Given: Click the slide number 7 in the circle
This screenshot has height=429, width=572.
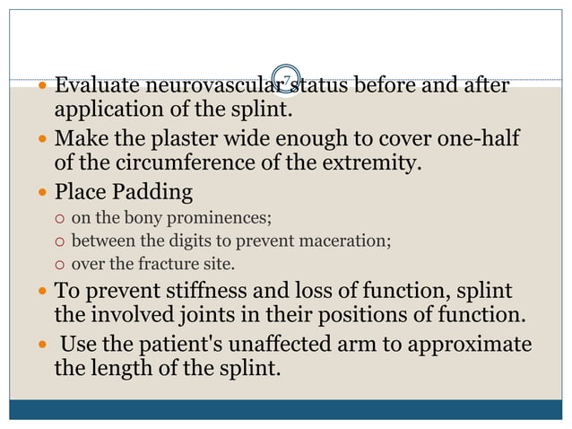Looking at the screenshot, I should [286, 81].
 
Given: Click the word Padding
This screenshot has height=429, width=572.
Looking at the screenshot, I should [153, 192].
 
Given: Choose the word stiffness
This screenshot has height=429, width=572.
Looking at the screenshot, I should [211, 291].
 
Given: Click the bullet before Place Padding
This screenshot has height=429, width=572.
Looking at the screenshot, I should [44, 193].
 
